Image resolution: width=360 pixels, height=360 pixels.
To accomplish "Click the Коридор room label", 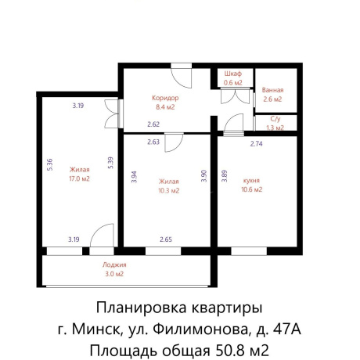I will pyautogui.click(x=165, y=98).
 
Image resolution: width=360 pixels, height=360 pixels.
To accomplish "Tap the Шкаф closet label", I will pyautogui.click(x=233, y=73).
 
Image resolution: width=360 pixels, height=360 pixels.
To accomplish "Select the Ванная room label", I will pyautogui.click(x=273, y=90).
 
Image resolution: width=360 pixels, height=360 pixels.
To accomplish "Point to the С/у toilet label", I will pyautogui.click(x=275, y=119).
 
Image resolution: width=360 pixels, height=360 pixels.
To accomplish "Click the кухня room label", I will pyautogui.click(x=251, y=180).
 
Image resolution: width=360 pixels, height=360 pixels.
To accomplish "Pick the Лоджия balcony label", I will pyautogui.click(x=114, y=265).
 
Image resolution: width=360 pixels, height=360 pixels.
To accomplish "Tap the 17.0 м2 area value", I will pyautogui.click(x=79, y=178).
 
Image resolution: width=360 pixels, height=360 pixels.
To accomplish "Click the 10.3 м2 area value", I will pyautogui.click(x=169, y=190).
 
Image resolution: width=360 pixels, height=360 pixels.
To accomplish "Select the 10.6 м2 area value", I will pyautogui.click(x=251, y=189).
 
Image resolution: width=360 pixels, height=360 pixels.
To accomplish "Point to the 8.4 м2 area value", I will pyautogui.click(x=165, y=107).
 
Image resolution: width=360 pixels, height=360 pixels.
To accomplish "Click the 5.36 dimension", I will pyautogui.click(x=49, y=165).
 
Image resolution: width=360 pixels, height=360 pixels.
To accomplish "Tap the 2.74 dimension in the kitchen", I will pyautogui.click(x=256, y=143).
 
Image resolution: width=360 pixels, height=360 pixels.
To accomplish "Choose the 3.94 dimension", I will pyautogui.click(x=133, y=177).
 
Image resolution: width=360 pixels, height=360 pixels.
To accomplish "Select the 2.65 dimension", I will pyautogui.click(x=166, y=239).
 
